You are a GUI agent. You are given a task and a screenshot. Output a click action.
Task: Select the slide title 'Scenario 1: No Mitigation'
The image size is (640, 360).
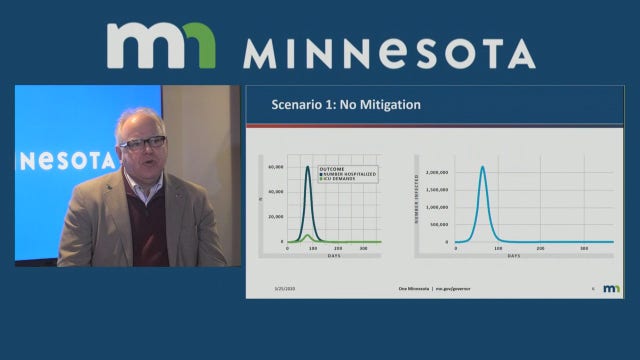click(x=346, y=104)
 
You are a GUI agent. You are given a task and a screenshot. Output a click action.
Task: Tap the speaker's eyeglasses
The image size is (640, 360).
click(x=143, y=143)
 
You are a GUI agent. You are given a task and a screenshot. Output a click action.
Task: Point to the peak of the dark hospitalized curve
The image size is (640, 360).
click(x=308, y=167)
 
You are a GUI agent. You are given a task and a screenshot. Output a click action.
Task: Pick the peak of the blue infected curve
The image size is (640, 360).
click(x=482, y=167)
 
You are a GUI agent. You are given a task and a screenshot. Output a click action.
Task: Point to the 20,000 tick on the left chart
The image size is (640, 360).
click(x=277, y=217)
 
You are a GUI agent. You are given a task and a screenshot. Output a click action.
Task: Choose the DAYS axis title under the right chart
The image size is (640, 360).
click(x=512, y=255)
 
